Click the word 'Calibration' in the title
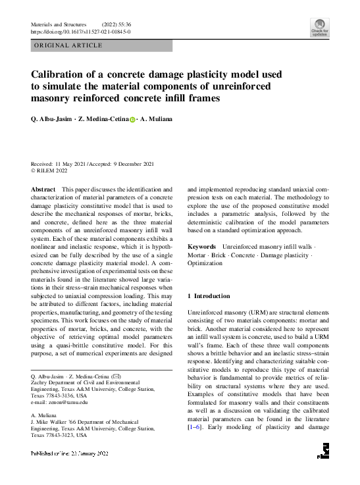click(x=63, y=74)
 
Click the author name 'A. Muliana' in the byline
click(x=157, y=120)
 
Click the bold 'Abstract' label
click(x=43, y=189)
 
